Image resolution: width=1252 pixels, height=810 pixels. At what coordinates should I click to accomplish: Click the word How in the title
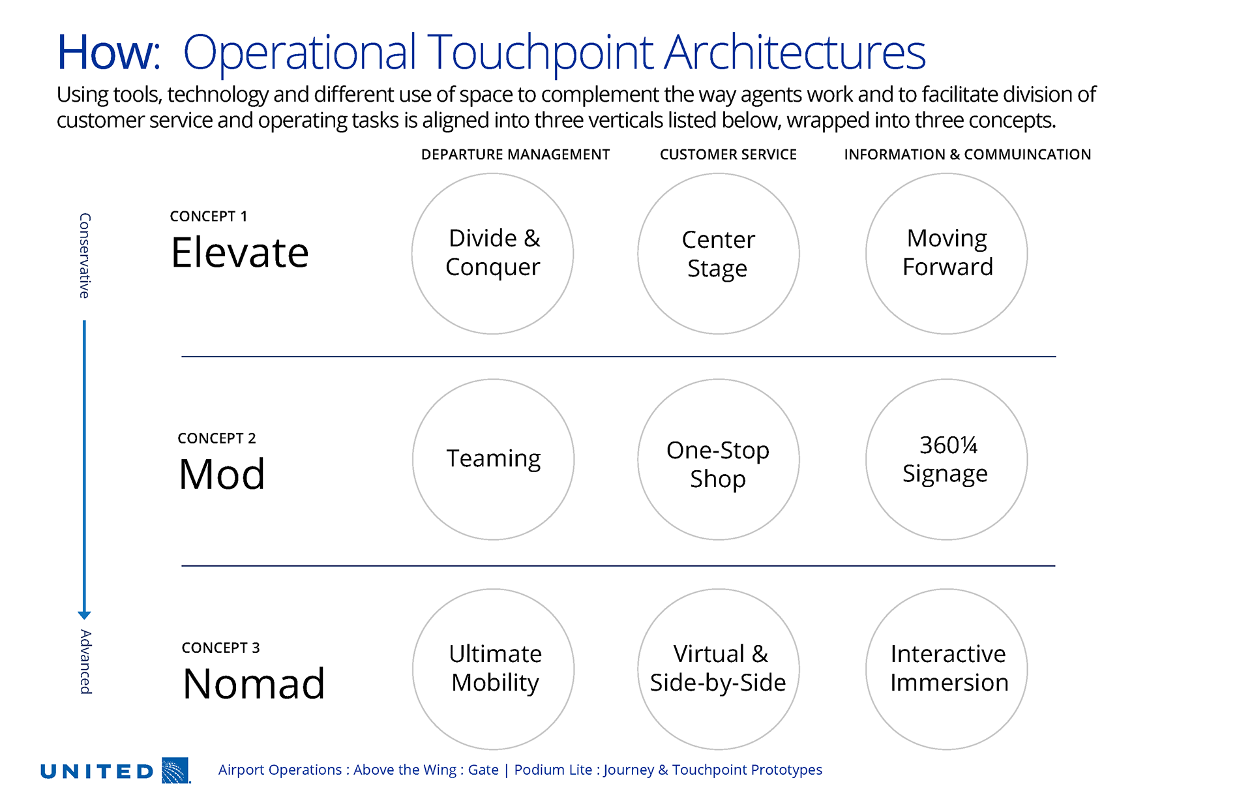pyautogui.click(x=108, y=52)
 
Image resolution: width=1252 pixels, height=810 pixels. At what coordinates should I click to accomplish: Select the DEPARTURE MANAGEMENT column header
pyautogui.click(x=515, y=155)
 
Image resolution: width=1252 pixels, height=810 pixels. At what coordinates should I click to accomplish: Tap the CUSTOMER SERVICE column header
pyautogui.click(x=728, y=155)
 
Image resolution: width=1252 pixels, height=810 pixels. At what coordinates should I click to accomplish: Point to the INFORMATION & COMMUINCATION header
pyautogui.click(x=968, y=155)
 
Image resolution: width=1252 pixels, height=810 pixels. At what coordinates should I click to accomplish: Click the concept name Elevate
pyautogui.click(x=240, y=252)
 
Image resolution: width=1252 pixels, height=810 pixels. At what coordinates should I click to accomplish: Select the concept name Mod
pyautogui.click(x=222, y=474)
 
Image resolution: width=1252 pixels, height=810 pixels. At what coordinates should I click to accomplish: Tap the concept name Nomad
pyautogui.click(x=254, y=683)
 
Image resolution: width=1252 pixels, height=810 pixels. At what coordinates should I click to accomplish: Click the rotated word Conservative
pyautogui.click(x=85, y=256)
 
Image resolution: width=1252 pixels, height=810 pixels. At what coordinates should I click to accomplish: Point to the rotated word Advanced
pyautogui.click(x=85, y=662)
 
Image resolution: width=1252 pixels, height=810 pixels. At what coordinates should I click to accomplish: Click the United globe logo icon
pyautogui.click(x=175, y=770)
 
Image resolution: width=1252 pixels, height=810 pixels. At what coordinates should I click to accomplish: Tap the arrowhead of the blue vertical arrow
pyautogui.click(x=84, y=615)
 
